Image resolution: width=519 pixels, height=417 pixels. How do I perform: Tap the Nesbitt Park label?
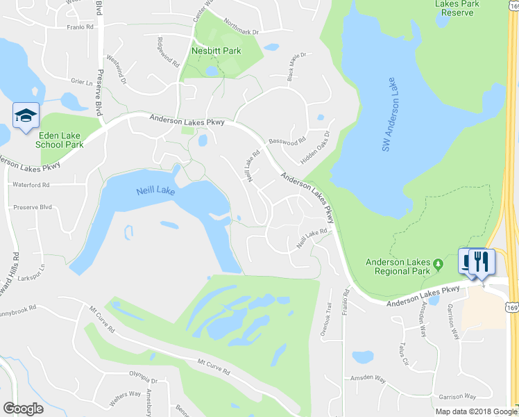[x=216, y=51]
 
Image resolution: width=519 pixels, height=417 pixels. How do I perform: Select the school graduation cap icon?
[x=26, y=115]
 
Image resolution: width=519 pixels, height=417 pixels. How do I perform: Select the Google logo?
[x=23, y=408]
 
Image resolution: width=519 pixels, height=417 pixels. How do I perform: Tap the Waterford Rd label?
[x=31, y=185]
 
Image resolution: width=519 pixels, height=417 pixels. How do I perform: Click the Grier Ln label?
[x=81, y=82]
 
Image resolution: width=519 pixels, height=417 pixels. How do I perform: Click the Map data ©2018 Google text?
[x=476, y=411]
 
